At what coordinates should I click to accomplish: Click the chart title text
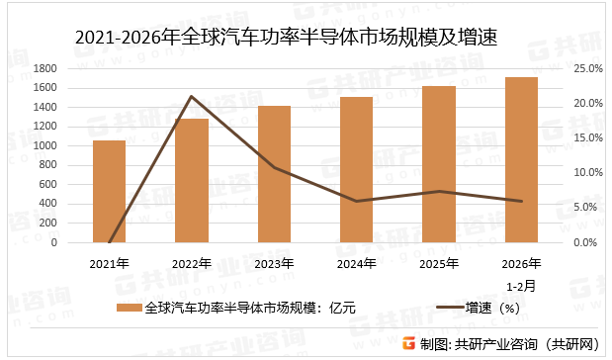pos(286,39)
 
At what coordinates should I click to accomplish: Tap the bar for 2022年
pos(192,181)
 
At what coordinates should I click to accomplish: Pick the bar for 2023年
pos(274,174)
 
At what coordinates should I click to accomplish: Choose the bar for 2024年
pos(357,170)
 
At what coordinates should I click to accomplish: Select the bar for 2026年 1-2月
pos(521,160)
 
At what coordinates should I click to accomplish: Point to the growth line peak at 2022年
pos(192,97)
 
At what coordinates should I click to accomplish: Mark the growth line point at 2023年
pos(274,168)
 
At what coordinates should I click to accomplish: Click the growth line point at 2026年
pos(521,202)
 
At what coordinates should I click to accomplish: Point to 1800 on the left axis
pos(72,68)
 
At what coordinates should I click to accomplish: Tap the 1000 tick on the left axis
pos(72,145)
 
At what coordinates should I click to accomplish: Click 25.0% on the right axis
pos(587,68)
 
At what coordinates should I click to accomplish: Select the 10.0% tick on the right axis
pos(587,173)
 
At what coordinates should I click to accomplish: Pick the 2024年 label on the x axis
pos(357,264)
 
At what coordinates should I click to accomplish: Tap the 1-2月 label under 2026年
pos(522,284)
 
